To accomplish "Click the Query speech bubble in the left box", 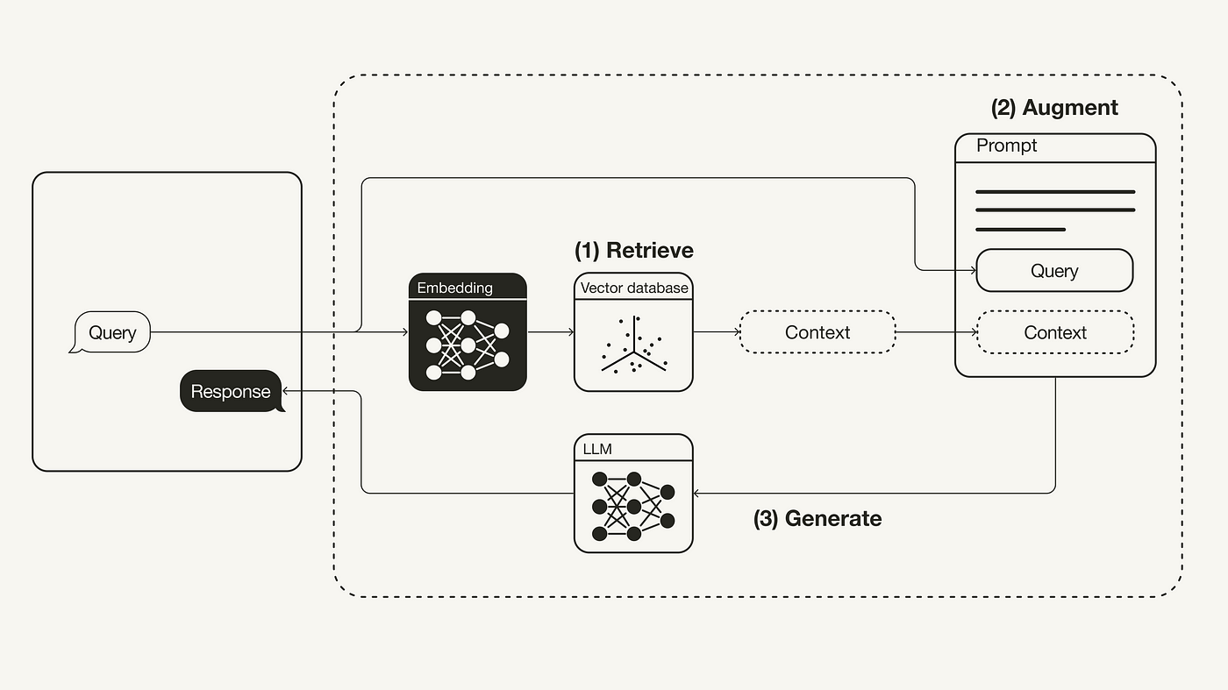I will click(111, 333).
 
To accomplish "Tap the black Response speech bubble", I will click(232, 391).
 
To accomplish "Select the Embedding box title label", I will click(454, 288).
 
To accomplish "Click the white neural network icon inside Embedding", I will click(467, 345).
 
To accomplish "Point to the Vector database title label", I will click(633, 288).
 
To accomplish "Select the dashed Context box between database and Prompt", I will click(817, 332).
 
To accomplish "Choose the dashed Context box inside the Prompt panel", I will click(1054, 332).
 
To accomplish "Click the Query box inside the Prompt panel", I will click(1054, 271).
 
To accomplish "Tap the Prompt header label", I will click(1006, 146).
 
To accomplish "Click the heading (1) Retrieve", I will click(633, 251).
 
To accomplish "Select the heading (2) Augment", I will click(1054, 108).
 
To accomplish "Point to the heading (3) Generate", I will click(817, 518).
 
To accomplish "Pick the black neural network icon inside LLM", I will click(633, 507).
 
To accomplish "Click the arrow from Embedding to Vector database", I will click(550, 332).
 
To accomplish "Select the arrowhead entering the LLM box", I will click(697, 493).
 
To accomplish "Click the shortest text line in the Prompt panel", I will click(1020, 230).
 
